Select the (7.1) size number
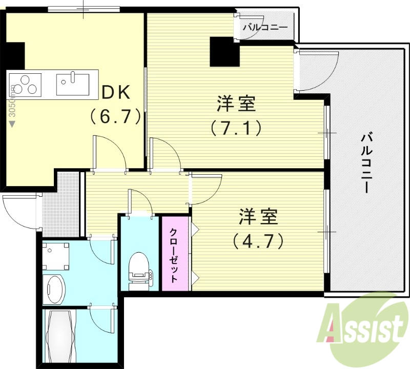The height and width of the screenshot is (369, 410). coord(236,127)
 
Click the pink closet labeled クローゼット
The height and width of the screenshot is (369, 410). coord(175,254)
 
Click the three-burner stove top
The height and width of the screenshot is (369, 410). coord(25,85)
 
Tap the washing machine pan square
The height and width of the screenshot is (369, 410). coord(55,255)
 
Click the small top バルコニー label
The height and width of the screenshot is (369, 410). coord(265,28)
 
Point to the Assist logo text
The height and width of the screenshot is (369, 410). coord(361,326)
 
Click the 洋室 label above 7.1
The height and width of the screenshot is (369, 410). coord(236,104)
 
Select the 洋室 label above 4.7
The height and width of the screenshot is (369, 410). coord(258,217)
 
